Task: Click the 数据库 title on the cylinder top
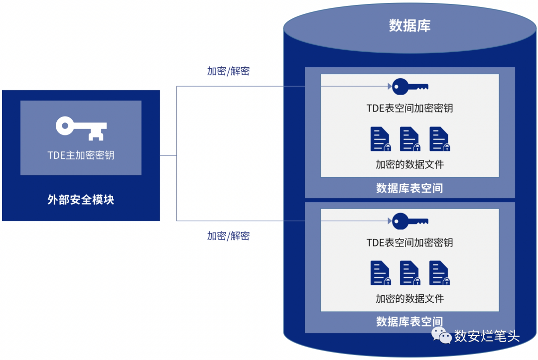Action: pyautogui.click(x=409, y=26)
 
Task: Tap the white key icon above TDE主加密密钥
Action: pyautogui.click(x=81, y=127)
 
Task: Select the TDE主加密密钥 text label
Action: pyautogui.click(x=81, y=155)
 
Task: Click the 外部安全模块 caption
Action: pyautogui.click(x=81, y=200)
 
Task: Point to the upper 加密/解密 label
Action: pyautogui.click(x=228, y=71)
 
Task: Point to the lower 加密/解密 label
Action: pyautogui.click(x=228, y=236)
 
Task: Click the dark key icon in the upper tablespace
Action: pyautogui.click(x=409, y=87)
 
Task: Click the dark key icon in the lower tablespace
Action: pyautogui.click(x=409, y=221)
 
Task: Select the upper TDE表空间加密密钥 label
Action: pyautogui.click(x=409, y=108)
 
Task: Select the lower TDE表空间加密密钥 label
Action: pyautogui.click(x=409, y=242)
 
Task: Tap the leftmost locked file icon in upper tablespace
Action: pyautogui.click(x=381, y=139)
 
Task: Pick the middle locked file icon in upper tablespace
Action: pyautogui.click(x=410, y=139)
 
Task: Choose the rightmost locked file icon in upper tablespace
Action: pyautogui.click(x=440, y=139)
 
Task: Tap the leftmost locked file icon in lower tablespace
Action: pyautogui.click(x=381, y=273)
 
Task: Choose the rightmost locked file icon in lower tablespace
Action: pyautogui.click(x=440, y=273)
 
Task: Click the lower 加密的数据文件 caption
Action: pyautogui.click(x=409, y=299)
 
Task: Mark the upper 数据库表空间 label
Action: pyautogui.click(x=409, y=188)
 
